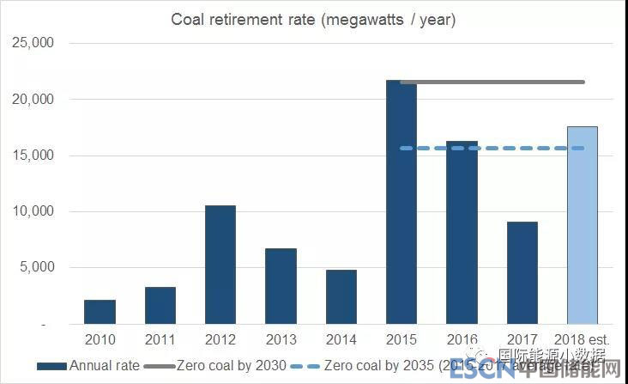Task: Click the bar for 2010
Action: click(x=100, y=313)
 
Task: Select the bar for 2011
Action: click(x=160, y=306)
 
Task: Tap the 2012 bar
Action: click(x=220, y=265)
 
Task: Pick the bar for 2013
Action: click(x=281, y=287)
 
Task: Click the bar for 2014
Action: click(x=341, y=297)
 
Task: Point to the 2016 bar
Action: click(x=462, y=233)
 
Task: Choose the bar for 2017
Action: click(x=522, y=273)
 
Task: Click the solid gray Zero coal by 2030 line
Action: click(x=493, y=82)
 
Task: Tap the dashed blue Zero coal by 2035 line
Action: click(x=493, y=148)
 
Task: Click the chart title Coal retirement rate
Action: click(x=314, y=20)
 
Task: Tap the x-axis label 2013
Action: click(x=281, y=339)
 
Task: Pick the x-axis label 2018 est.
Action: click(x=582, y=339)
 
